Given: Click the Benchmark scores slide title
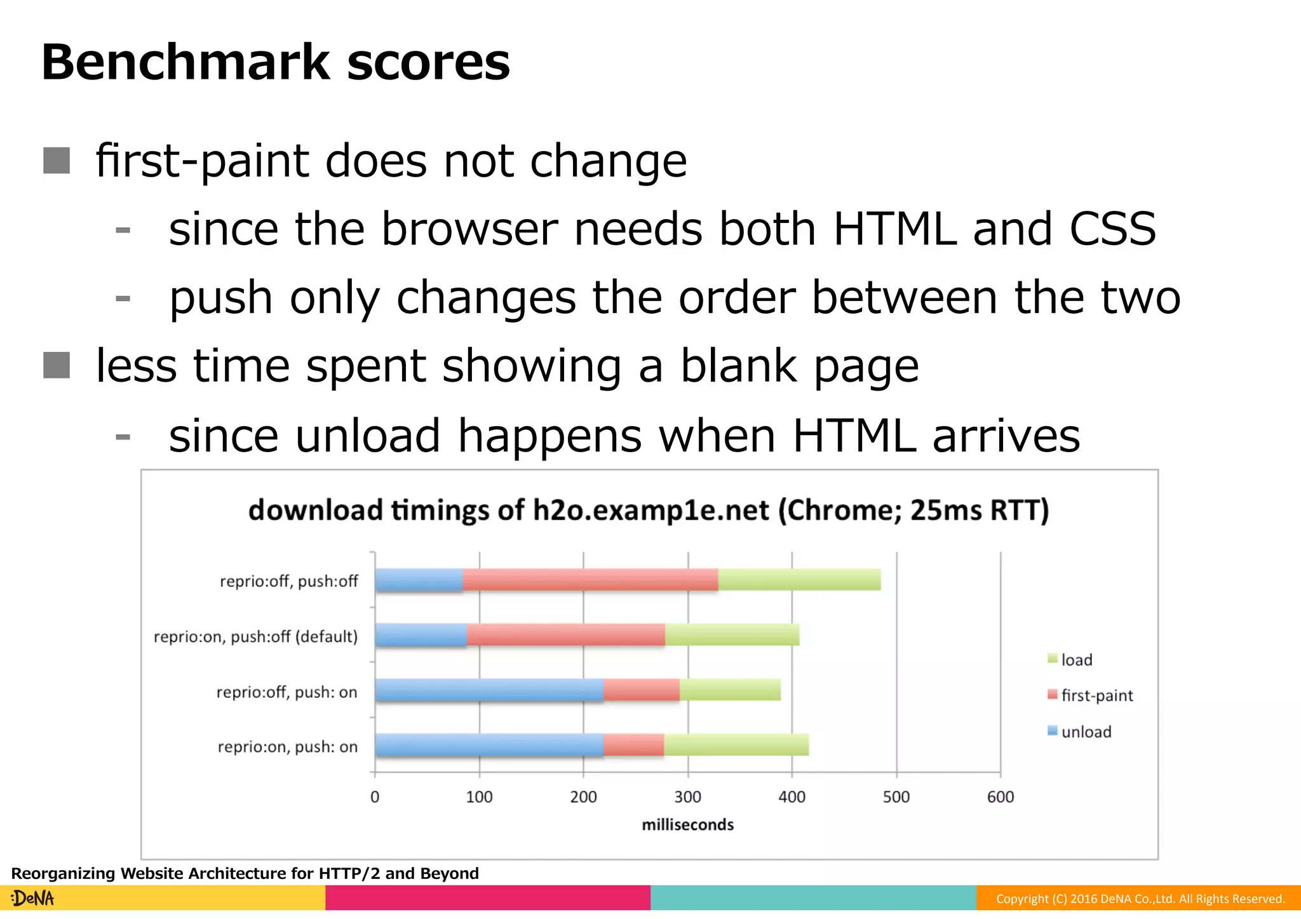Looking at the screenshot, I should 275,62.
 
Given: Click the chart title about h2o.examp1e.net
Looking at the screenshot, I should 648,511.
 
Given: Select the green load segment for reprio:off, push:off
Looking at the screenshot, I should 799,580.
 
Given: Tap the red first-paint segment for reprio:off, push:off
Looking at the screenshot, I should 590,580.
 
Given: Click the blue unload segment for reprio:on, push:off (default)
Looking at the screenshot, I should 421,635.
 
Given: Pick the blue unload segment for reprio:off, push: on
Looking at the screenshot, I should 489,690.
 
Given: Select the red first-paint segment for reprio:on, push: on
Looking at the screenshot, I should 633,745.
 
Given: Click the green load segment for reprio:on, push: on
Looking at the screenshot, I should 736,745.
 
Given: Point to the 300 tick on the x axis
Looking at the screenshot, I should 687,796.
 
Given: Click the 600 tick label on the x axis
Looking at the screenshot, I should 1000,796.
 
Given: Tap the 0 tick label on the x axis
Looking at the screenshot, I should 375,796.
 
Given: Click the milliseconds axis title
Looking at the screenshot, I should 687,824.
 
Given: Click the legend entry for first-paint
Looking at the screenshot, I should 1096,695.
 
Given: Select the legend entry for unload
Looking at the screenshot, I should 1086,732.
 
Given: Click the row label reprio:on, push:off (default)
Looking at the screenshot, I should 255,636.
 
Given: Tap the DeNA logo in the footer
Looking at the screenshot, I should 33,898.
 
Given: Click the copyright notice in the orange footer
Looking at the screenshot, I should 1140,899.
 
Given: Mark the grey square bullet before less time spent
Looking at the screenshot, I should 57,365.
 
